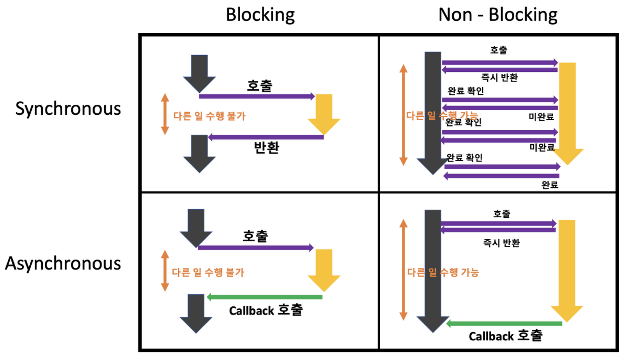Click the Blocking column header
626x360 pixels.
coord(260,15)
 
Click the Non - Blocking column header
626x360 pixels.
coord(498,15)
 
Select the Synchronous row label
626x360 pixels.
coord(68,108)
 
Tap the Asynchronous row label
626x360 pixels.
coord(63,263)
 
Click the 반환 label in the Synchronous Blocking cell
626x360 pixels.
coord(267,147)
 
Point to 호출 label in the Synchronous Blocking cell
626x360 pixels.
coord(260,86)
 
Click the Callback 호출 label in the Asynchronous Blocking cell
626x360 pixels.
coord(266,310)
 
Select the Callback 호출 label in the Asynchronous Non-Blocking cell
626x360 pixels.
coord(506,336)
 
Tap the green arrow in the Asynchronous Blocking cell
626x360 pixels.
coord(265,297)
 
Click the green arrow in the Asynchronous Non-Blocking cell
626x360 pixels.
coord(504,323)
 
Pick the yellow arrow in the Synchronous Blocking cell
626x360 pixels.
coord(324,113)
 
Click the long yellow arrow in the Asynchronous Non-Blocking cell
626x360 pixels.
coord(567,269)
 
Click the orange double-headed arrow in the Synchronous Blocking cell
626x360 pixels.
coord(165,114)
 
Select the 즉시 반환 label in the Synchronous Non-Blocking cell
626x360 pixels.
coord(499,78)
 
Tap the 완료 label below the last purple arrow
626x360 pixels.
coord(550,185)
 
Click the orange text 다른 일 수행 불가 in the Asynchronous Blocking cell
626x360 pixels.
coord(208,272)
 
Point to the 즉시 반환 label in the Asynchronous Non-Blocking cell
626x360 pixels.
coord(501,243)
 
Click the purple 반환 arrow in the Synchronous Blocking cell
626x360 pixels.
coord(266,137)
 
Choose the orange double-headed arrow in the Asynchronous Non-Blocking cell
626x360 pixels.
coord(403,270)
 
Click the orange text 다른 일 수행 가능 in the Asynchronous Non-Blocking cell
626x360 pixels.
coord(443,272)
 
